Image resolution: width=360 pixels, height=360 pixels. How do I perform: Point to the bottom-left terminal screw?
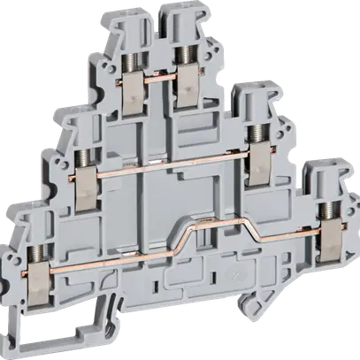coord(36,210)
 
